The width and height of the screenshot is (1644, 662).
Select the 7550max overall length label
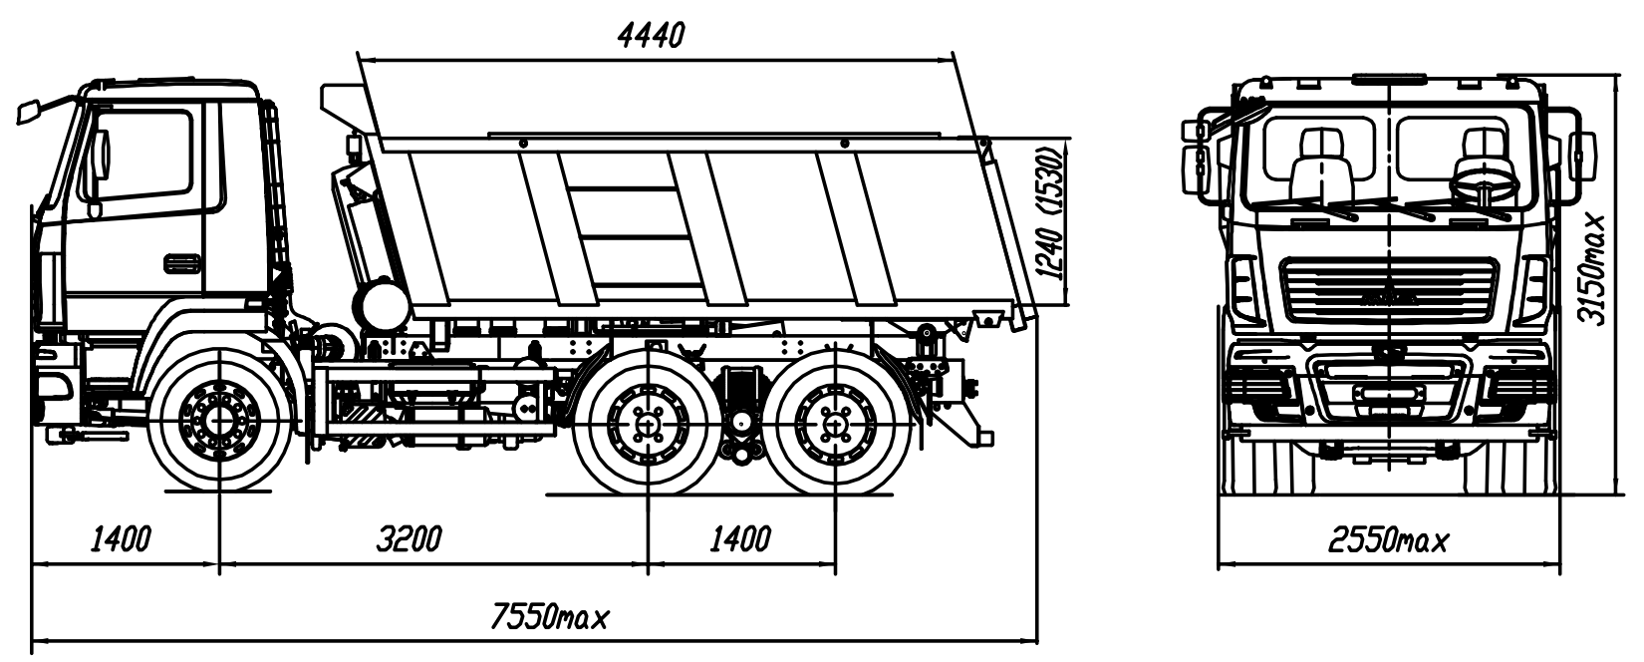(x=549, y=618)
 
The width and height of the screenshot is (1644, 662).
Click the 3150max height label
(x=1597, y=267)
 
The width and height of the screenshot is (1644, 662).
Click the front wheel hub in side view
(x=218, y=422)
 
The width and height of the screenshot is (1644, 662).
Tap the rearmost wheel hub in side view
(x=834, y=423)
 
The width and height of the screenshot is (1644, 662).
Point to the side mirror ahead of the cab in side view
(x=30, y=110)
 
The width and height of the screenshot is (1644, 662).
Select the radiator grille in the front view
(x=1389, y=289)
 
